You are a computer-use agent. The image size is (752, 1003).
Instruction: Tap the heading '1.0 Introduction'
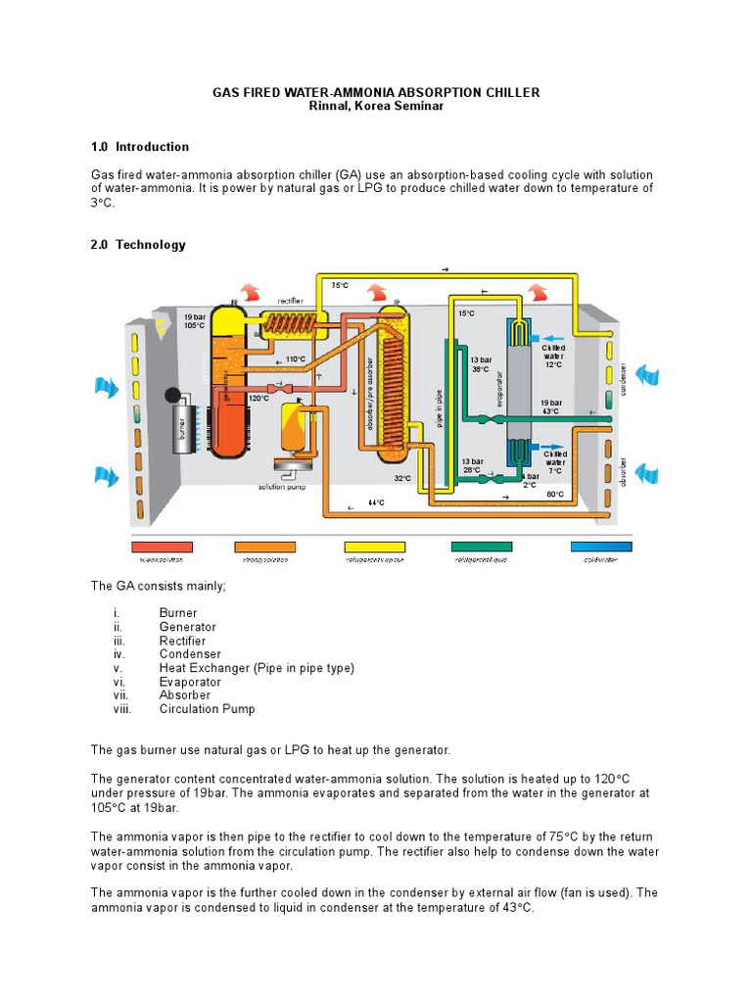140,147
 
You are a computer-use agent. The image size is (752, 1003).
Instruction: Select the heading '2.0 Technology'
137,245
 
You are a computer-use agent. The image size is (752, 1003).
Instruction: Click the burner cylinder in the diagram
182,428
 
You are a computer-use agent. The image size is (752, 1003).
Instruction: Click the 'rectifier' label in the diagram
290,302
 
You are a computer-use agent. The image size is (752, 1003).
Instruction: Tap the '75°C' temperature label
339,285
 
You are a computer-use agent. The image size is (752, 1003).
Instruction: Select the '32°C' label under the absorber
402,478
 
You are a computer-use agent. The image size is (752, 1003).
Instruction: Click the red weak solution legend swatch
162,547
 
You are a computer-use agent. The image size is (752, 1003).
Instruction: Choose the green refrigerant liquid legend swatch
481,547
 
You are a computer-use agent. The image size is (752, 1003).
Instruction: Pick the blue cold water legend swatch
601,547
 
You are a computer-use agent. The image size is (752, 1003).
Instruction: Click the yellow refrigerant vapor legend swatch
374,547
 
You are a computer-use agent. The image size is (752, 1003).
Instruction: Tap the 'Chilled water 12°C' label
554,357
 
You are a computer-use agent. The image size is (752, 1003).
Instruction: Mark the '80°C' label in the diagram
555,495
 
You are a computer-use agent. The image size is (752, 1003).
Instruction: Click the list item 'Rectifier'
182,641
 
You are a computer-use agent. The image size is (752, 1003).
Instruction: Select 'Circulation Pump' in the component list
208,709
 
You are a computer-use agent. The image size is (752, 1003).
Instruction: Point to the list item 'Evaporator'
190,682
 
